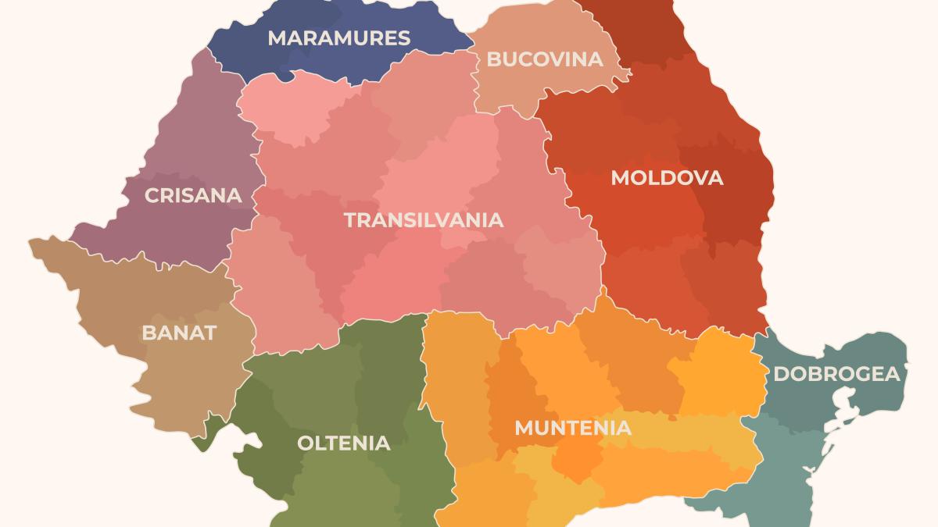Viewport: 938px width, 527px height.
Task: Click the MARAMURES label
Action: (338, 38)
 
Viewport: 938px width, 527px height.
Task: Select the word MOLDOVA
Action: (667, 178)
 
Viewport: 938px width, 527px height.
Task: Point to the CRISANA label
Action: (193, 195)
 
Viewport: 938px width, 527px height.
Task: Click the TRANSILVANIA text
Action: (424, 220)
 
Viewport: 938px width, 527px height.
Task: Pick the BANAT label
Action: (179, 333)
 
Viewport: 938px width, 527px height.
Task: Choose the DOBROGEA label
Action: (836, 375)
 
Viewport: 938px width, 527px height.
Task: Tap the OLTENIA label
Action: (343, 443)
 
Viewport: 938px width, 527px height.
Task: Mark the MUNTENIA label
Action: (572, 429)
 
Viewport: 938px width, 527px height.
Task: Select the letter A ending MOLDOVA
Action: (715, 178)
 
